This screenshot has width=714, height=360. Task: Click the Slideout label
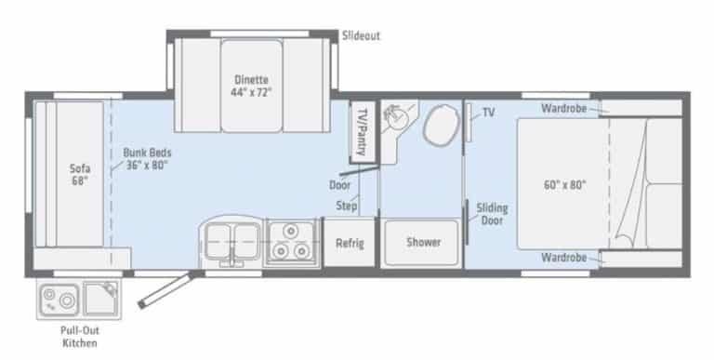point(361,35)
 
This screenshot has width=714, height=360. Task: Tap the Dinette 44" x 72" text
point(250,86)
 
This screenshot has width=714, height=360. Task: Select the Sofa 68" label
point(79,175)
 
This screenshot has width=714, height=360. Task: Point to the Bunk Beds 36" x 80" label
point(147,158)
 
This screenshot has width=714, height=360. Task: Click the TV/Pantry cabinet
point(363,132)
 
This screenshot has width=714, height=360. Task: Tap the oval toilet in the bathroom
point(442,125)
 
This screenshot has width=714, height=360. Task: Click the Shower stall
point(422,242)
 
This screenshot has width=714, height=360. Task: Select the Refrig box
point(350,243)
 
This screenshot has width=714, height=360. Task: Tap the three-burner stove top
point(291,242)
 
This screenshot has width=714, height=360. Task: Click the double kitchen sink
point(232,242)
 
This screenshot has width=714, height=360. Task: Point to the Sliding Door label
point(492,214)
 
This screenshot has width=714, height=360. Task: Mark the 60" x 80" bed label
point(564,185)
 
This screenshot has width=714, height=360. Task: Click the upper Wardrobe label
point(563,109)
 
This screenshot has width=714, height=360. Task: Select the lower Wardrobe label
point(563,258)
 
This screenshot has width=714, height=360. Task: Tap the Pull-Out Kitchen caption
point(80,337)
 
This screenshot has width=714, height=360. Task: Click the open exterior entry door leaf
point(167,289)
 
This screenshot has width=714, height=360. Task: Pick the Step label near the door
point(346,206)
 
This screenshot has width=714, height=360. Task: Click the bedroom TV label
point(488,113)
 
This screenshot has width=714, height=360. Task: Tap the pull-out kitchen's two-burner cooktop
point(59,299)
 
